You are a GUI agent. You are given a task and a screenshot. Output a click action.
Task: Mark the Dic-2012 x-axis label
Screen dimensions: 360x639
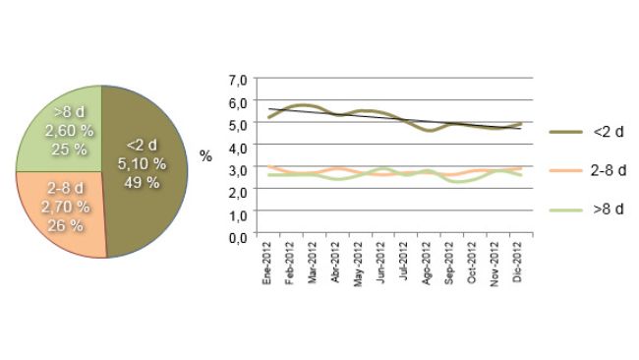(517, 267)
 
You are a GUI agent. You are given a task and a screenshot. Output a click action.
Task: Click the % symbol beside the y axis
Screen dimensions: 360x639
(205, 156)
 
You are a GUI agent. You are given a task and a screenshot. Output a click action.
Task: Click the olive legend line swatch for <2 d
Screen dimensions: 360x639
(566, 131)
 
